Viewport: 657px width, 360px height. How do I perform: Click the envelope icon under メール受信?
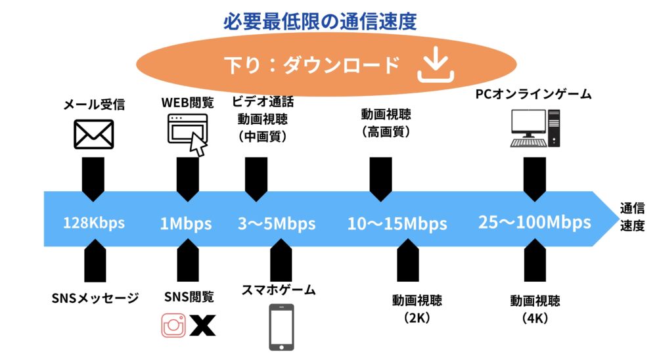[94, 134]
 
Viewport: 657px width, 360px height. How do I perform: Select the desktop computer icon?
[535, 128]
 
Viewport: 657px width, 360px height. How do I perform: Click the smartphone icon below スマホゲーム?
[281, 327]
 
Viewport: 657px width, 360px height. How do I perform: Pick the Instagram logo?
[173, 325]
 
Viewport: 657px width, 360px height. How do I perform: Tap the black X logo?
[203, 325]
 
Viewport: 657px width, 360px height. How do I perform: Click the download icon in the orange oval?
[436, 64]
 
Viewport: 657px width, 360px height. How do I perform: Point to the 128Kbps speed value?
[94, 223]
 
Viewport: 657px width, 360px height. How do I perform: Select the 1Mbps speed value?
[186, 223]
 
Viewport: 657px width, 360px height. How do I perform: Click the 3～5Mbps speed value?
[277, 223]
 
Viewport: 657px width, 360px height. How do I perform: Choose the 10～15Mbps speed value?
[397, 223]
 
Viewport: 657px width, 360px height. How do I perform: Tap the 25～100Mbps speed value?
[535, 222]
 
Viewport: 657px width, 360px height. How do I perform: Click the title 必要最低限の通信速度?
[320, 22]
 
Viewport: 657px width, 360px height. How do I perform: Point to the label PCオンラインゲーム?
[533, 94]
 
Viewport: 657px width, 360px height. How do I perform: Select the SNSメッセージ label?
[95, 298]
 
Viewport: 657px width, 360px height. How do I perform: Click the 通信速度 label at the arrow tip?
[632, 217]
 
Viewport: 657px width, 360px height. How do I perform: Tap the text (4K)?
[535, 318]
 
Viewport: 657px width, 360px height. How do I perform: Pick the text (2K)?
[417, 318]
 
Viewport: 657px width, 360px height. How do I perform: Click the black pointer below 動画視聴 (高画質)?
[381, 179]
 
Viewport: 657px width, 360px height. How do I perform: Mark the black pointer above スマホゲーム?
[281, 261]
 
